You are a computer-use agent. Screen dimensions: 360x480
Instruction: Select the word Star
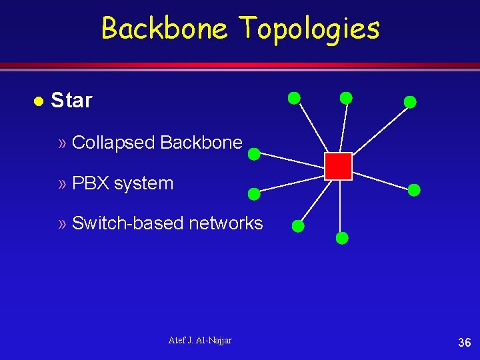tap(71, 101)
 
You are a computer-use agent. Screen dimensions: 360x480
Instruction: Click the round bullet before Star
tap(38, 101)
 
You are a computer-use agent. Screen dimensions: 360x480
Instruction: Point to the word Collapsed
tap(113, 143)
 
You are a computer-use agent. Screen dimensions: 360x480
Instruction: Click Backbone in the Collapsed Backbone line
tap(201, 142)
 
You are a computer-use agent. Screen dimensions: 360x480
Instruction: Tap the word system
tap(143, 184)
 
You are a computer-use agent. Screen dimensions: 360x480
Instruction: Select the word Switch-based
tap(127, 223)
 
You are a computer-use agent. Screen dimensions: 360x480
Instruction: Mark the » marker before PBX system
tap(63, 184)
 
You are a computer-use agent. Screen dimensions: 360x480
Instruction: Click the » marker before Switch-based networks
tap(63, 223)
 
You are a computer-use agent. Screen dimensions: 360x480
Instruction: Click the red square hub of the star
tap(338, 166)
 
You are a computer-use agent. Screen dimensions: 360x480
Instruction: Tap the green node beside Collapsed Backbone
tap(254, 154)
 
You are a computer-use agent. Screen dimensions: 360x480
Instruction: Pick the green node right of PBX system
tap(254, 194)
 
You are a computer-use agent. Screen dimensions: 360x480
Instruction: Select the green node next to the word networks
tap(299, 226)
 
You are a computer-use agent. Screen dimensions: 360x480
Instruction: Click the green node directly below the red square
tap(341, 237)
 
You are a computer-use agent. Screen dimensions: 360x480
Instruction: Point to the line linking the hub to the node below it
tap(340, 207)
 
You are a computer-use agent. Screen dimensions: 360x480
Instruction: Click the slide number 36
tap(464, 343)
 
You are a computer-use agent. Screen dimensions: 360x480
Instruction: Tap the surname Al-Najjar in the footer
tap(215, 341)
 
